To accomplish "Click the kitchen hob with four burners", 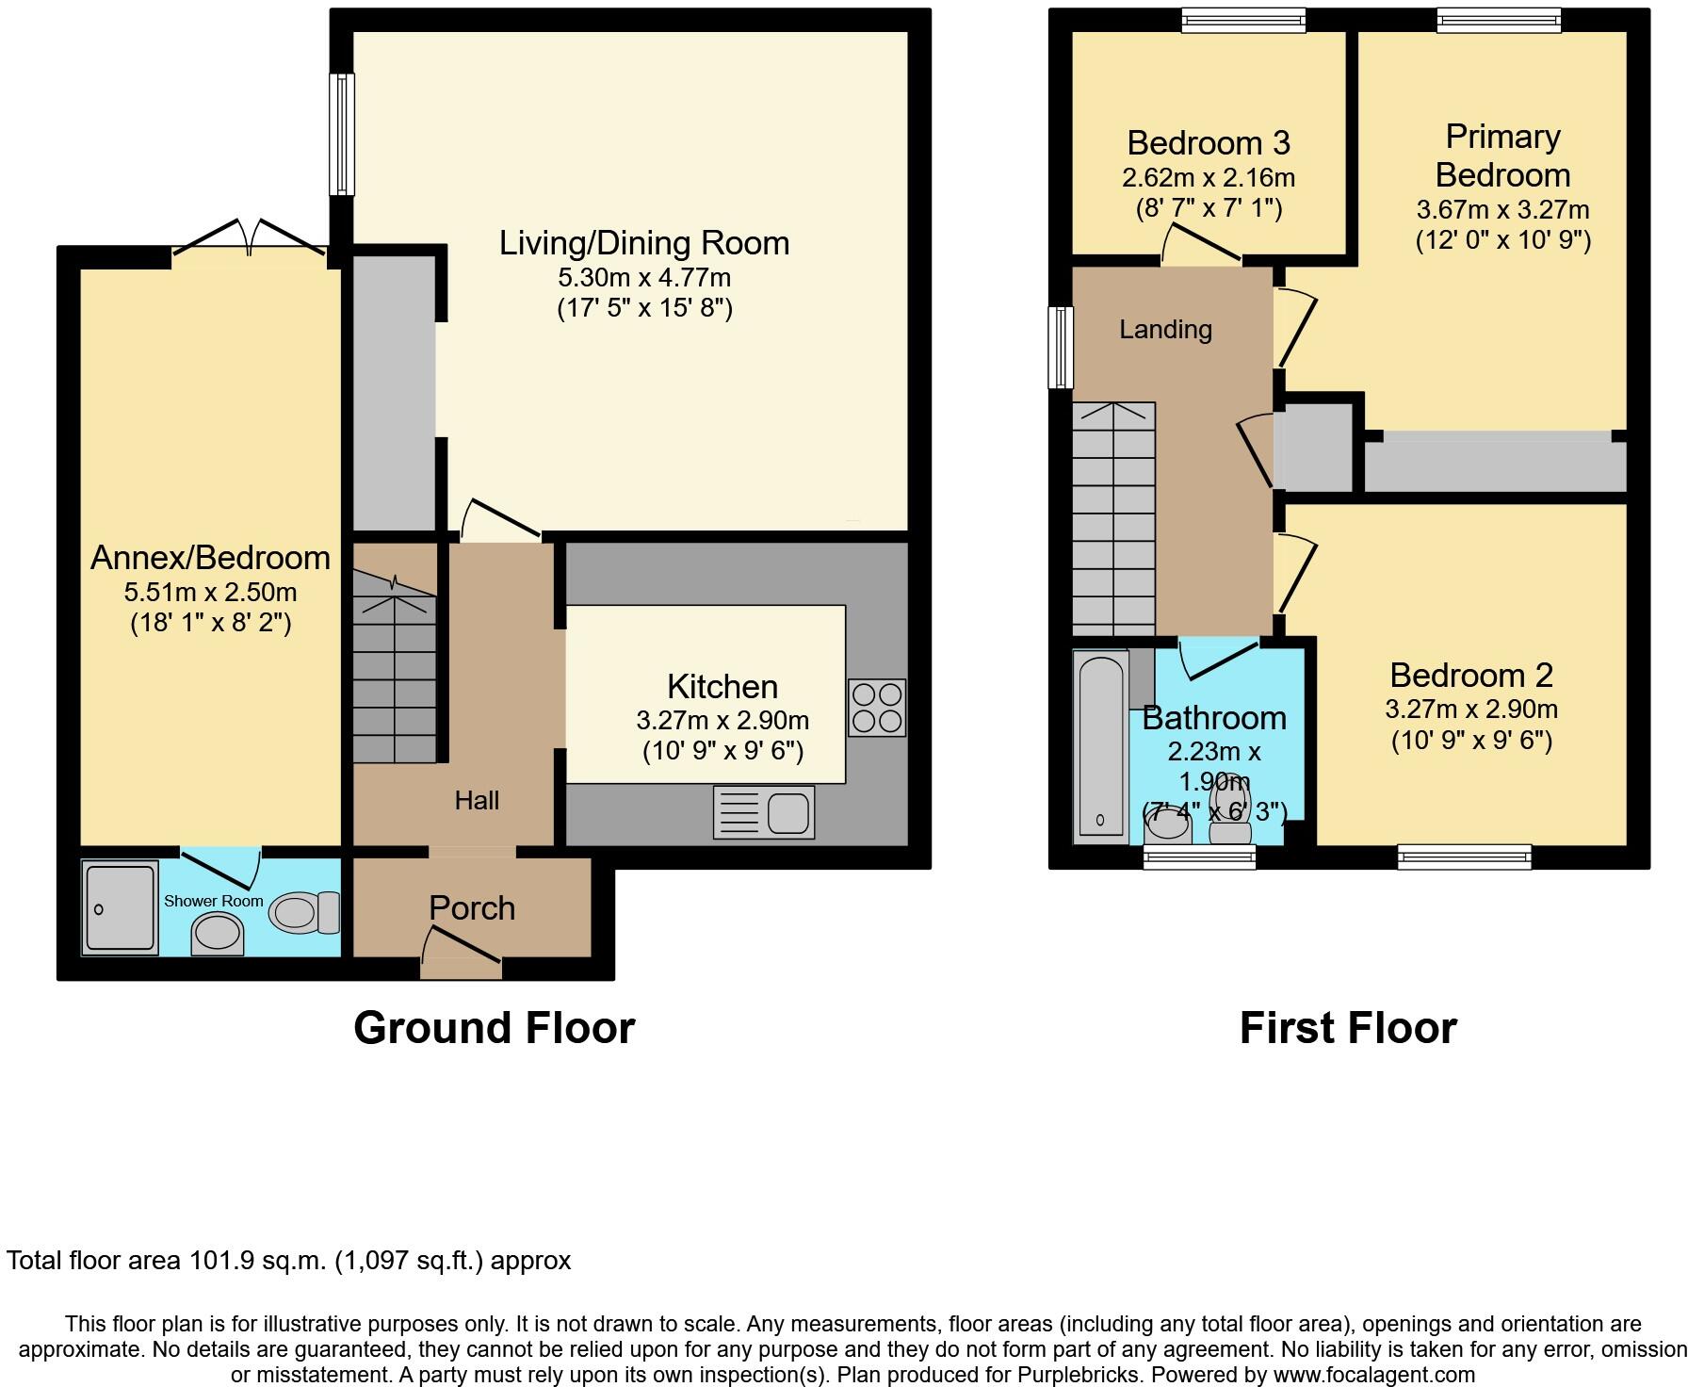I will coord(876,708).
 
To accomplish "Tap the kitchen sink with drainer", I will coord(764,812).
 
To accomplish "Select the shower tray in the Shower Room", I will coord(119,906).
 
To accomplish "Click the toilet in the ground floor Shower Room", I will coord(304,912).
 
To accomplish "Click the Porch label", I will coord(472,908).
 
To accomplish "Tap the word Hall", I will coord(477,801).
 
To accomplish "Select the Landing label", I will coord(1165,330).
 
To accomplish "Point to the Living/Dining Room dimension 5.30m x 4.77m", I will coord(644,278).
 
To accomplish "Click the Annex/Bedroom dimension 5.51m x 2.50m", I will coord(210,593).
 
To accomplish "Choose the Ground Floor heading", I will coord(494,1028).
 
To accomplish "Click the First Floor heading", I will coord(1348,1028).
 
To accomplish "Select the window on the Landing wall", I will coord(1062,347).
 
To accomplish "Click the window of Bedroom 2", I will coord(1464,857).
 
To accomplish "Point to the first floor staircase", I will coord(1113,518).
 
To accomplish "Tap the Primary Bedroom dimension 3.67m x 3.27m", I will coord(1502,209).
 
